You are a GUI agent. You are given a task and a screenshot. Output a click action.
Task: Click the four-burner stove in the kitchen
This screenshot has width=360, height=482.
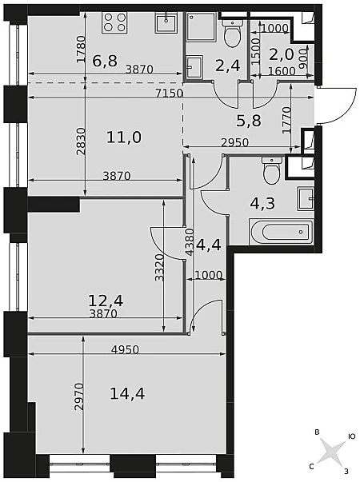(114, 22)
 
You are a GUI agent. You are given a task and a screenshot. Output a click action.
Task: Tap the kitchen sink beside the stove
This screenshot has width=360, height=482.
(166, 22)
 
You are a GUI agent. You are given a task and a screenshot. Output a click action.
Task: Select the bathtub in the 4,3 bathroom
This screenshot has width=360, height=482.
(282, 232)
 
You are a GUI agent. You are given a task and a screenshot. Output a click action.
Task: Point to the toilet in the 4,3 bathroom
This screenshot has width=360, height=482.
(271, 170)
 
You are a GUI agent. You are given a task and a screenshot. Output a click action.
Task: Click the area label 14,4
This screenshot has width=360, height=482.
(127, 394)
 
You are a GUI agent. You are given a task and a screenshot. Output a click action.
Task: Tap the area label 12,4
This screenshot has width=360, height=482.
(106, 301)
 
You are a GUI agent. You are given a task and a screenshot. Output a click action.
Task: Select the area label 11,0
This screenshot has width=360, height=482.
(124, 137)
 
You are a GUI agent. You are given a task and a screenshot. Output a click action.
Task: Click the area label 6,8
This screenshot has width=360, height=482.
(105, 60)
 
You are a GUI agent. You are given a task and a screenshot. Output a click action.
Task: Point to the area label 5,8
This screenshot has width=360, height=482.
(249, 121)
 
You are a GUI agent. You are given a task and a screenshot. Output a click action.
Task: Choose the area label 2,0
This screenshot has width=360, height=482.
(282, 54)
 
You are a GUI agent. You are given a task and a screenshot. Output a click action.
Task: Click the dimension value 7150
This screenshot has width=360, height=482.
(170, 94)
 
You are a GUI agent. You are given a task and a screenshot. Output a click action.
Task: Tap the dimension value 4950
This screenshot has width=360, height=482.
(125, 349)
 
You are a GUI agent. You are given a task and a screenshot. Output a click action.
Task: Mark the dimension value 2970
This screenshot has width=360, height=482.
(79, 396)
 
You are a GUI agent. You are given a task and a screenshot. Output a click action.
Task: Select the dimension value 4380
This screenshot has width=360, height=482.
(190, 242)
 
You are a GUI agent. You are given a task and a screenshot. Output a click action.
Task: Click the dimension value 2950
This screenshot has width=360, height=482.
(234, 142)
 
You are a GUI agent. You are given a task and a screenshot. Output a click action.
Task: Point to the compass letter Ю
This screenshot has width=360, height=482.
(352, 436)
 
